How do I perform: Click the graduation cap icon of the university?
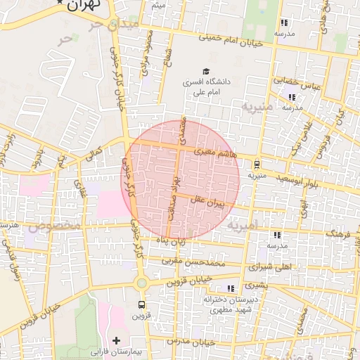pyautogui.click(x=206, y=71)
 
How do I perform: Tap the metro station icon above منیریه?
pyautogui.click(x=257, y=165)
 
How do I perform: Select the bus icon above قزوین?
pyautogui.click(x=142, y=305)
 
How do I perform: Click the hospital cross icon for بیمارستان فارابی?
pyautogui.click(x=117, y=340)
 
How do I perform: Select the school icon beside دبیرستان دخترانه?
pyautogui.click(x=230, y=288)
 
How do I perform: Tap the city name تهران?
pyautogui.click(x=84, y=4)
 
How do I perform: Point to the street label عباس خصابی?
pyautogui.click(x=301, y=83)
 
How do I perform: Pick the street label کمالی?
pyautogui.click(x=94, y=153)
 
